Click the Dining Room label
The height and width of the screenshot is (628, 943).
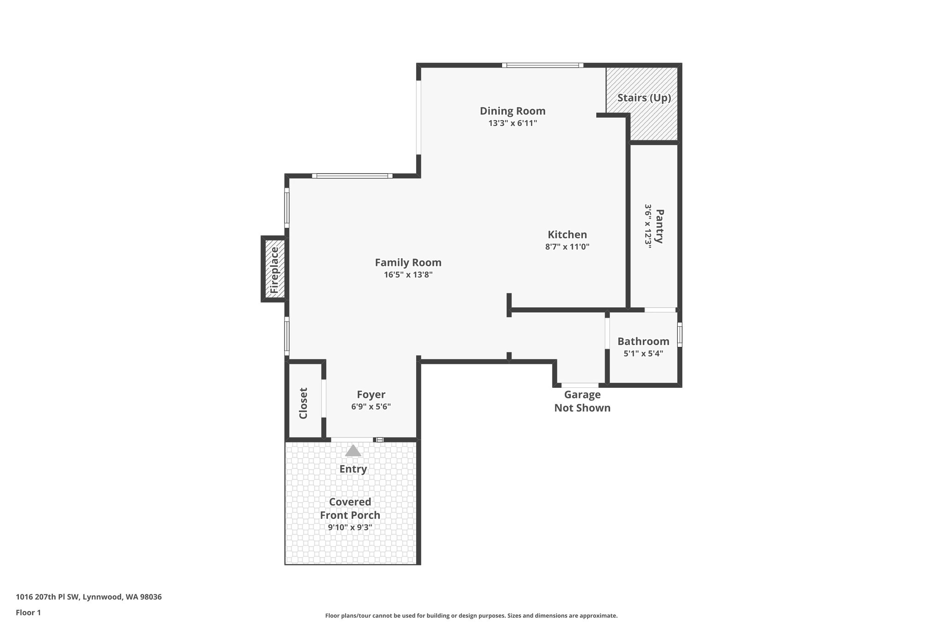512,111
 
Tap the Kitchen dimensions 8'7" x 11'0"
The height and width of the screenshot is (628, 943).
567,247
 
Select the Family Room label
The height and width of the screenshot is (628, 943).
408,263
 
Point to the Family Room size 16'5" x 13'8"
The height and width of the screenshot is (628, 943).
408,275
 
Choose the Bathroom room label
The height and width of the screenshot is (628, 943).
643,341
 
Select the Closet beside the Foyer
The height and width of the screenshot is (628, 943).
303,403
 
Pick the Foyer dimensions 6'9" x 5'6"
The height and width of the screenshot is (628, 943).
371,407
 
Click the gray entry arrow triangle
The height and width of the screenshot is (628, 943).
353,450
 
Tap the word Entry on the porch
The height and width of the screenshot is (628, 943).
353,469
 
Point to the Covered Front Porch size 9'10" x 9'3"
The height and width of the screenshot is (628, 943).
350,528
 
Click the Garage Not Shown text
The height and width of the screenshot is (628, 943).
582,401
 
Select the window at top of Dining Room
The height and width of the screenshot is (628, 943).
542,65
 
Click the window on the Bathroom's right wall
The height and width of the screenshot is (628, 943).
680,334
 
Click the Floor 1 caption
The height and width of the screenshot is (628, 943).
28,612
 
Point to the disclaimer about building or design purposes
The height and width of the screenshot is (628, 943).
471,616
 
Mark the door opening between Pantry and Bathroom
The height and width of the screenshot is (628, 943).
660,310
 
